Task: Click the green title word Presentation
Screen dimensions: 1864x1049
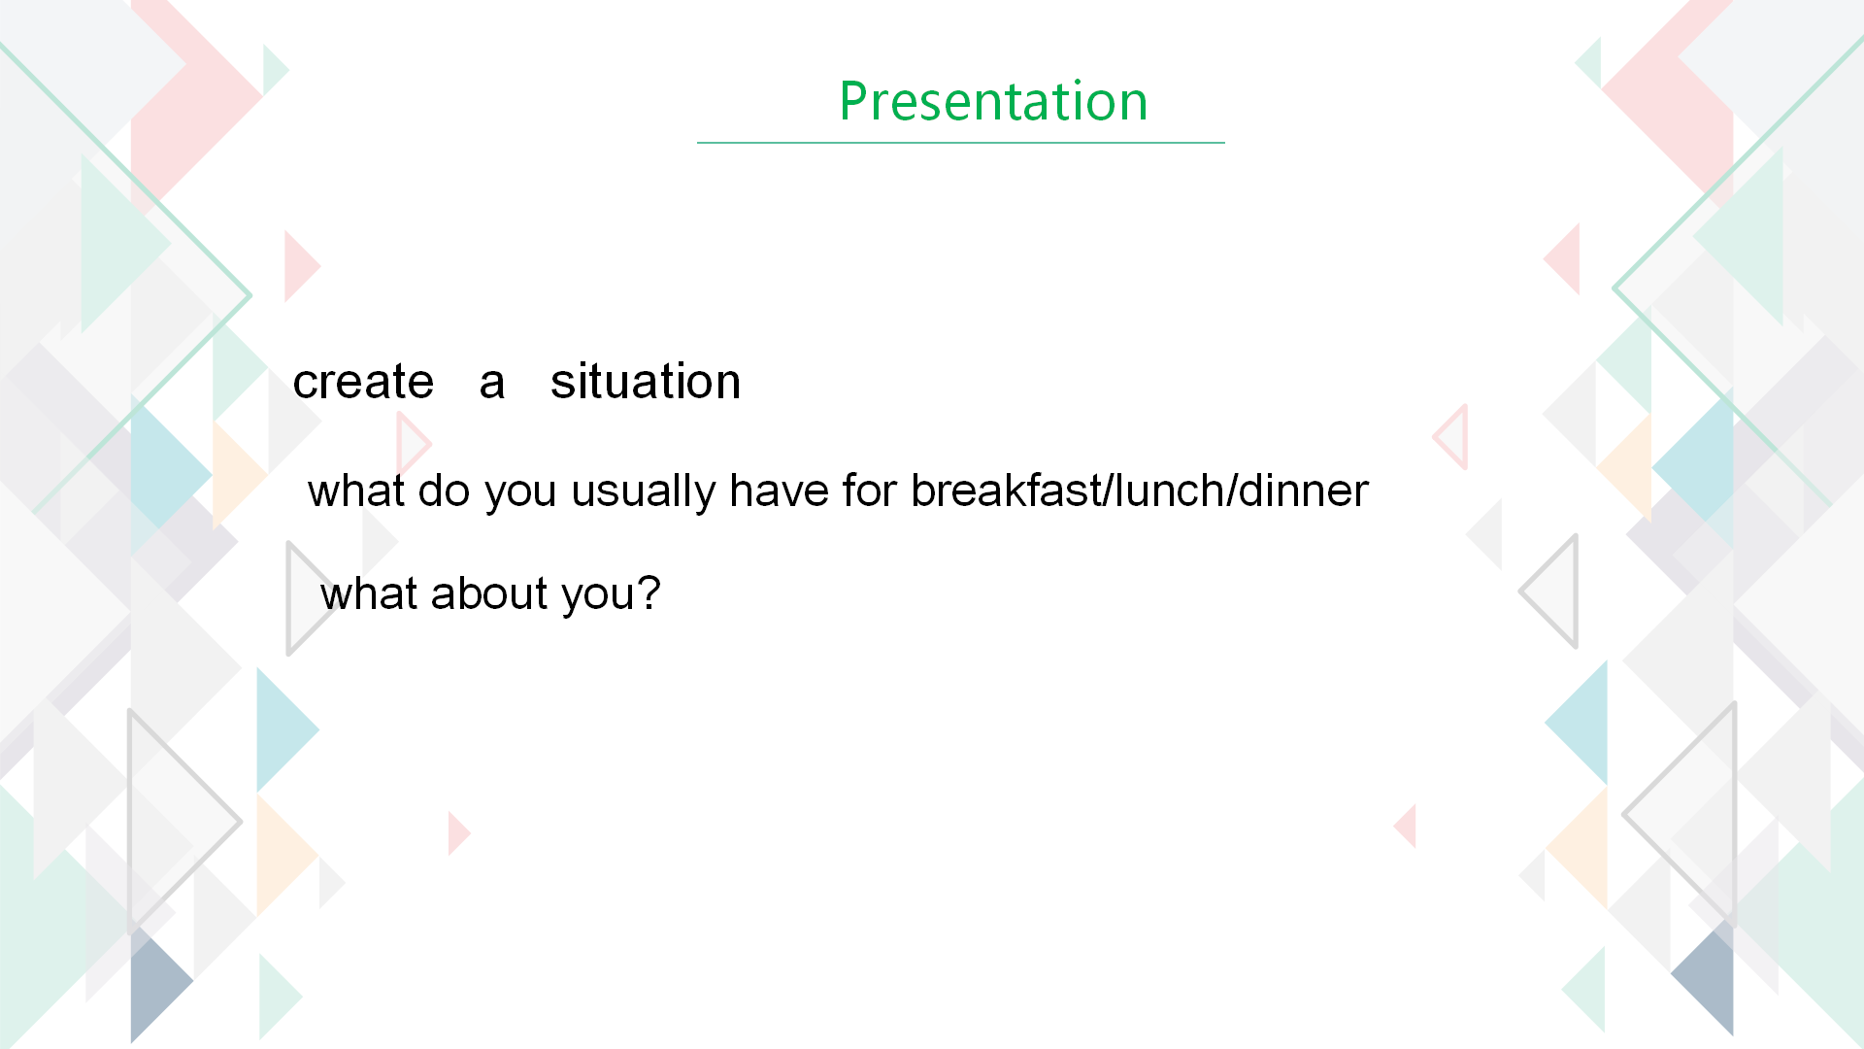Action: click(x=993, y=101)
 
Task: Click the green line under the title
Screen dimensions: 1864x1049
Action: click(x=961, y=143)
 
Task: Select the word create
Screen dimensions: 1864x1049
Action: click(x=363, y=382)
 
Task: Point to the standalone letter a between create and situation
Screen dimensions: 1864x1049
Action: click(x=492, y=383)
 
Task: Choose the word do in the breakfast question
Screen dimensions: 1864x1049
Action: click(x=444, y=490)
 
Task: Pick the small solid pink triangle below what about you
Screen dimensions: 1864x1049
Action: click(x=457, y=833)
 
